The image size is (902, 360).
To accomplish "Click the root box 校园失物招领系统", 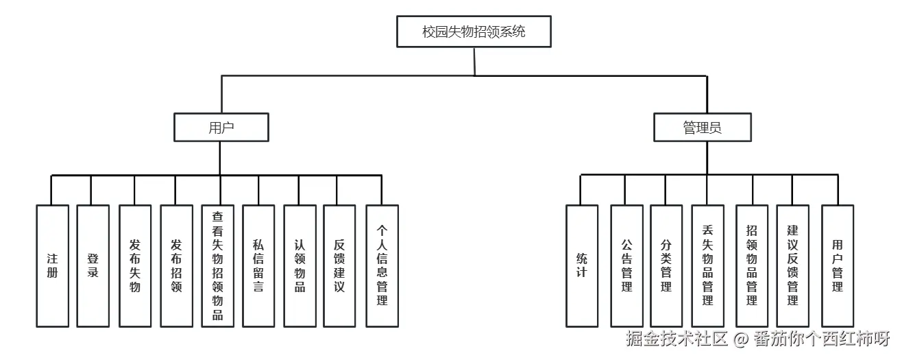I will pyautogui.click(x=474, y=32).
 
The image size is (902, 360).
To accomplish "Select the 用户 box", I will pyautogui.click(x=221, y=128).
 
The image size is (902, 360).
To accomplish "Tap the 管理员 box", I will pyautogui.click(x=702, y=128).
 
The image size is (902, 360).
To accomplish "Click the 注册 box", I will pyautogui.click(x=53, y=265).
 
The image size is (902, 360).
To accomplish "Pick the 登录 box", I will pyautogui.click(x=93, y=265).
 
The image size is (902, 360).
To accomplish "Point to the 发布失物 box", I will pyautogui.click(x=135, y=265).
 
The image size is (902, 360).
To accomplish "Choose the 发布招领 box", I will pyautogui.click(x=176, y=265).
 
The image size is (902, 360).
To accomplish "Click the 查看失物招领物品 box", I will pyautogui.click(x=218, y=265).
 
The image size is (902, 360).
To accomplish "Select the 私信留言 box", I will pyautogui.click(x=258, y=265).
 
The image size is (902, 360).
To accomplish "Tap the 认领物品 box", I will pyautogui.click(x=300, y=265).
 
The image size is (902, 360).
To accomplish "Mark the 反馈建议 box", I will pyautogui.click(x=339, y=265).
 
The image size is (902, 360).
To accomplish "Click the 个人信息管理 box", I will pyautogui.click(x=382, y=265).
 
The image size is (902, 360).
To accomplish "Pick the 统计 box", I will pyautogui.click(x=582, y=265).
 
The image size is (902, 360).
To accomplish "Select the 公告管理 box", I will pyautogui.click(x=626, y=265).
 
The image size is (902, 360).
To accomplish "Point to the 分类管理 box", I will pyautogui.click(x=666, y=265).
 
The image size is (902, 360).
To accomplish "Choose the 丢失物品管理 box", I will pyautogui.click(x=707, y=265).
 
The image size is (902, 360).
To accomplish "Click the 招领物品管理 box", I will pyautogui.click(x=752, y=265).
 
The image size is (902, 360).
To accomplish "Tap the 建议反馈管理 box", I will pyautogui.click(x=792, y=265).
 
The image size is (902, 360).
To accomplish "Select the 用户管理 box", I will pyautogui.click(x=838, y=265).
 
